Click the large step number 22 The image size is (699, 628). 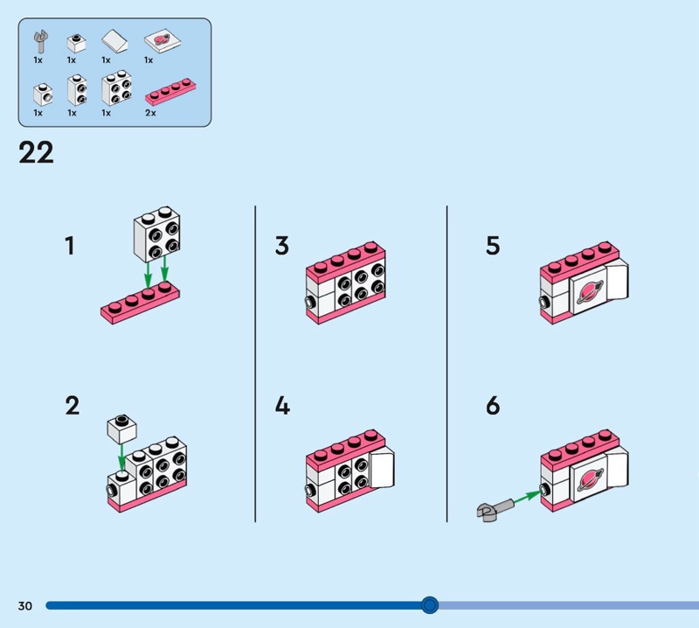36,153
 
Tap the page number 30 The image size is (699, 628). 24,605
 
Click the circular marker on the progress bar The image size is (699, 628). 429,604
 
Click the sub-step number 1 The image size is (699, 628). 70,247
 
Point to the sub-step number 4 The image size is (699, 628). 281,406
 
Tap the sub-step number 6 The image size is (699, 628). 493,406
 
